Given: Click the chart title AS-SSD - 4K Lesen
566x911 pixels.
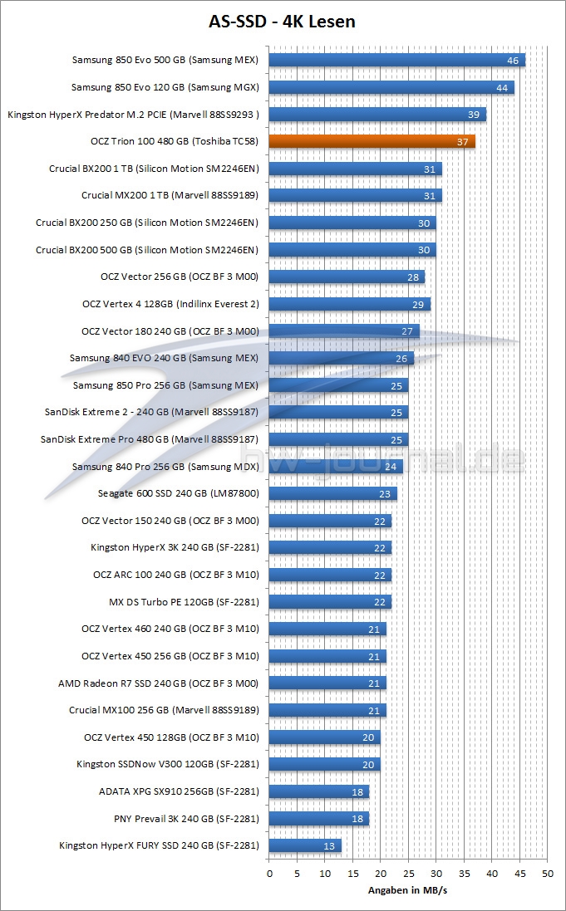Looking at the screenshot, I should click(283, 22).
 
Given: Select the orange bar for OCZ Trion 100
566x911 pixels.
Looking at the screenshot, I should click(372, 141).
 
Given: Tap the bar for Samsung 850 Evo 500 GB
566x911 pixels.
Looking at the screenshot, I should click(396, 60).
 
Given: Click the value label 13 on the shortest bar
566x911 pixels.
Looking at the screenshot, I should click(330, 846).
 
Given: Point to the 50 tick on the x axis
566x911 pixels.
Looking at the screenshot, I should click(547, 874).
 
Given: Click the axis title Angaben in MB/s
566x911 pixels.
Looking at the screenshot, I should click(408, 891).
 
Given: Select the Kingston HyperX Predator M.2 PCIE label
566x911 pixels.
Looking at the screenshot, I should click(133, 115).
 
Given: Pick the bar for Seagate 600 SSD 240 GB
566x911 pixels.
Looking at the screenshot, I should click(332, 493).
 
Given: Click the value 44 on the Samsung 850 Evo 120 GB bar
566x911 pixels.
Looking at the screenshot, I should click(502, 87).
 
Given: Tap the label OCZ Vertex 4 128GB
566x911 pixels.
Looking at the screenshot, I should click(170, 304).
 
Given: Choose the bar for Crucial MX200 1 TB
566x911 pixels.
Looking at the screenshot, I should click(355, 196).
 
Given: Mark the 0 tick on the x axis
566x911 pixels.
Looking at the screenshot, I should click(269, 874).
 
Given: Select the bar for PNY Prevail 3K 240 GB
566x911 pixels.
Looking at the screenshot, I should click(318, 819).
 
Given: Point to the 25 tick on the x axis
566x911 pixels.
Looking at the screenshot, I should click(408, 874).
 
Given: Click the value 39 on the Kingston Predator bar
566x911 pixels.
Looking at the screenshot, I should click(474, 115).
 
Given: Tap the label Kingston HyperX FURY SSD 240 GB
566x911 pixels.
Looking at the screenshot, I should click(159, 846).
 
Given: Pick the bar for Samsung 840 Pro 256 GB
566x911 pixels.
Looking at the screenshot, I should click(336, 467).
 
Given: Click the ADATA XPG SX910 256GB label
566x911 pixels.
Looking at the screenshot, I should click(179, 791).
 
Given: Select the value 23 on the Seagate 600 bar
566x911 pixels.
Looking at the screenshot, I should click(385, 494).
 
